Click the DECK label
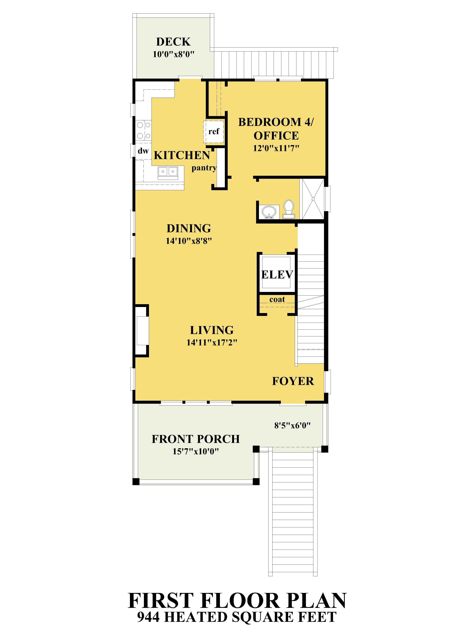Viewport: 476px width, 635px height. (173, 42)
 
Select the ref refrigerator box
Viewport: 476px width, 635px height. (213, 132)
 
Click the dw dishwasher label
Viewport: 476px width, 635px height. (143, 151)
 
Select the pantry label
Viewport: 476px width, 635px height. (204, 168)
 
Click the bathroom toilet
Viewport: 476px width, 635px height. (289, 209)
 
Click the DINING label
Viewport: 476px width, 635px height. (189, 228)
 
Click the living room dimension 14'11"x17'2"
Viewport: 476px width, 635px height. (212, 342)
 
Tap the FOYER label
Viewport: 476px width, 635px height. (293, 381)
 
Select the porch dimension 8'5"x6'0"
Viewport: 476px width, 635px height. (292, 425)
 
